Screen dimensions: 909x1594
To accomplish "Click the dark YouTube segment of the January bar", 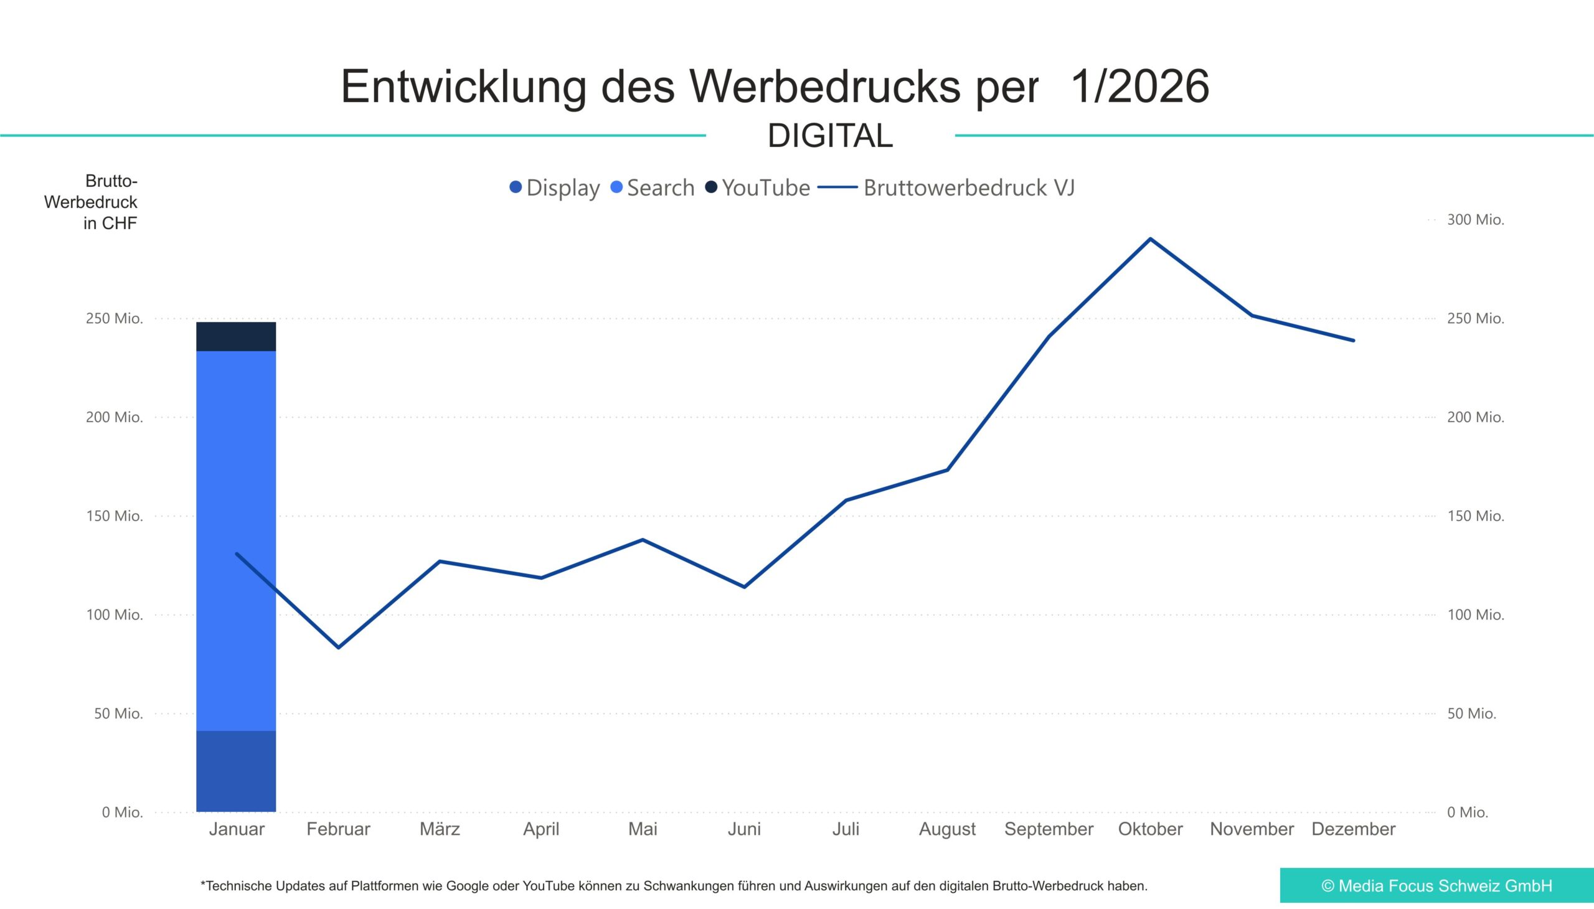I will click(x=236, y=336).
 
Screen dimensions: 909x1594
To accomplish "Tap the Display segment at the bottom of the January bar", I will click(x=236, y=771).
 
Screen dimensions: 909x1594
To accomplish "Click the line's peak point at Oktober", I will click(x=1150, y=239).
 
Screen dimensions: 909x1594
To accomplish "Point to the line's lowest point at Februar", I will click(x=338, y=648).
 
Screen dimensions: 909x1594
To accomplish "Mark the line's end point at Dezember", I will click(x=1353, y=340).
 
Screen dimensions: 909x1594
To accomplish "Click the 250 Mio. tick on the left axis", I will click(x=115, y=318).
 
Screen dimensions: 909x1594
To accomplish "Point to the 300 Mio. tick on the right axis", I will click(x=1475, y=220).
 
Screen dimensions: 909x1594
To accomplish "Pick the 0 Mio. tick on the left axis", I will click(x=123, y=812).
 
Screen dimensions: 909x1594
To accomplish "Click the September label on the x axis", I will click(x=1049, y=829).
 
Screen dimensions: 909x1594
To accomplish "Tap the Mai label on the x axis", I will click(x=643, y=829).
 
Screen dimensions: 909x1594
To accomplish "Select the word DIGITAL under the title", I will click(x=830, y=136).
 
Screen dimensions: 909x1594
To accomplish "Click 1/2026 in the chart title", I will click(x=1139, y=86).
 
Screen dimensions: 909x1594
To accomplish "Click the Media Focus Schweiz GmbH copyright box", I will click(x=1436, y=885).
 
